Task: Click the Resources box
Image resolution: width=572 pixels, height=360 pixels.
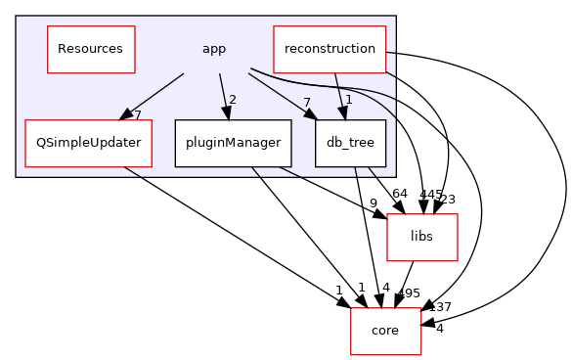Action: tap(91, 49)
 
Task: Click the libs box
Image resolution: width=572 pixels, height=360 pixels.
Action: tap(422, 237)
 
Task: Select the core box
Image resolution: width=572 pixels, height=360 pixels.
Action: tap(385, 331)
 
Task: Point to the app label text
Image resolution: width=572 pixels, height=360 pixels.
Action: tap(213, 49)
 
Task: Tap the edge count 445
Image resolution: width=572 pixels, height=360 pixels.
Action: tap(430, 195)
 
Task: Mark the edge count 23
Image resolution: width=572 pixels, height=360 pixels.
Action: tap(448, 200)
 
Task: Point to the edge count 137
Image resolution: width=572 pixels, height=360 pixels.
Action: tap(440, 307)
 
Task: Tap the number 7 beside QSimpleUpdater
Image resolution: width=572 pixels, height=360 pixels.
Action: tap(138, 115)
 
